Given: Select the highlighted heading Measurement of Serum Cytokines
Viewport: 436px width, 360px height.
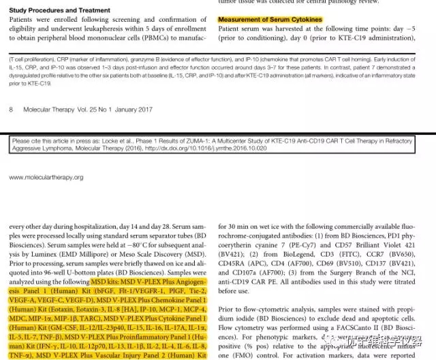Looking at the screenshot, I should (x=270, y=20).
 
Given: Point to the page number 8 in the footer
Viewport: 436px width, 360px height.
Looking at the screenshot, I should (x=11, y=109).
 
